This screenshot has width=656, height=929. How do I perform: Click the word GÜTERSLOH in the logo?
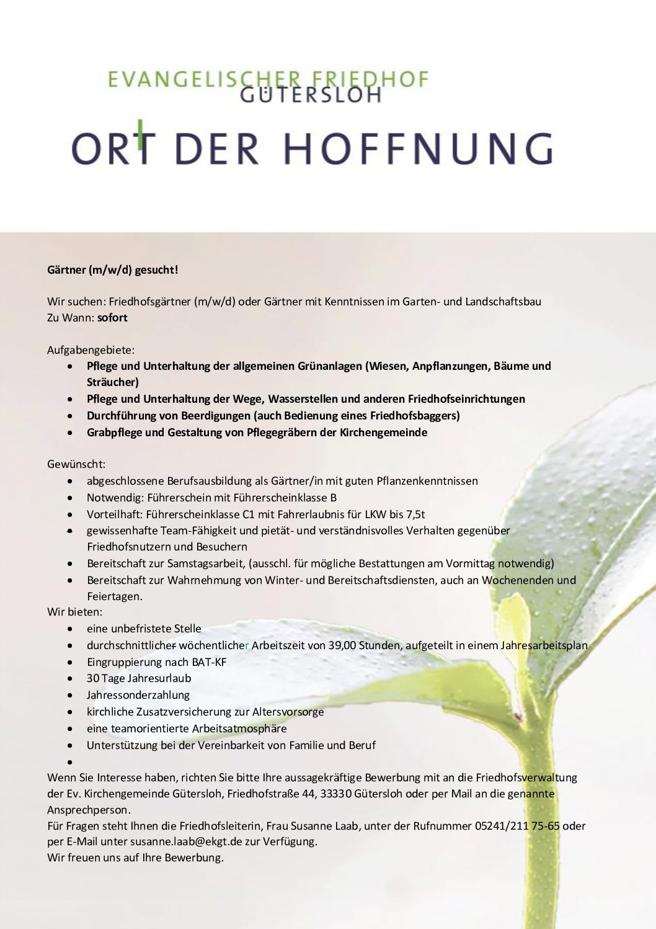click(x=310, y=95)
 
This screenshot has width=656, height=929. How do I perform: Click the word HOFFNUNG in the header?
click(x=418, y=149)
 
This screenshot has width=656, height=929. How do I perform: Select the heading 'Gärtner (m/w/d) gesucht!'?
click(x=113, y=270)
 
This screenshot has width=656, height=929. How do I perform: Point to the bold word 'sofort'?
click(x=112, y=318)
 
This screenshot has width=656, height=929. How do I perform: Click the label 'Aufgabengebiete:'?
click(x=91, y=350)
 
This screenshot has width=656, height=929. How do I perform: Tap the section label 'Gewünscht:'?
click(x=76, y=464)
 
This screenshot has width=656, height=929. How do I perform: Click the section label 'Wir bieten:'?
click(x=75, y=612)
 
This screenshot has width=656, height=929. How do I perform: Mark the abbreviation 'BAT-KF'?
click(x=209, y=662)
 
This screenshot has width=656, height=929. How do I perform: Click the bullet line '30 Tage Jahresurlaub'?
click(x=139, y=679)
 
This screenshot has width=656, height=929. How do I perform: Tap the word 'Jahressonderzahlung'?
click(x=138, y=696)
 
